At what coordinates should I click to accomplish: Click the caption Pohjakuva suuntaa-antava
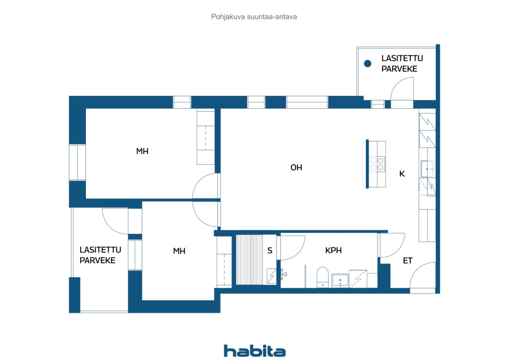[254, 17]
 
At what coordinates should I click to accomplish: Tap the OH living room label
[296, 167]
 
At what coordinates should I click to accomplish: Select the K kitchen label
[402, 174]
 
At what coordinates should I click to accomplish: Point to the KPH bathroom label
[333, 250]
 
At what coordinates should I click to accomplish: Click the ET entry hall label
[408, 261]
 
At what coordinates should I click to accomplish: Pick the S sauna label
[270, 251]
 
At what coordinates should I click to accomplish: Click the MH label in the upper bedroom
[142, 151]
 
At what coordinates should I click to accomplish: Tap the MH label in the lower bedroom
[179, 251]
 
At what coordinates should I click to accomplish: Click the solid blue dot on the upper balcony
[367, 63]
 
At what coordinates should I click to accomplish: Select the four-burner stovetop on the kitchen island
[377, 164]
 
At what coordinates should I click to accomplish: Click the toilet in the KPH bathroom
[322, 277]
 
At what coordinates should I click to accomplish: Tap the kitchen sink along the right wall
[427, 169]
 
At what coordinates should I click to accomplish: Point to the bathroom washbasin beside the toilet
[340, 280]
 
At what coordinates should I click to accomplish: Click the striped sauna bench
[249, 259]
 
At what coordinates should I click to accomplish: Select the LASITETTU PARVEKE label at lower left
[100, 255]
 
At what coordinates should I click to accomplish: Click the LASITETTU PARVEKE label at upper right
[402, 63]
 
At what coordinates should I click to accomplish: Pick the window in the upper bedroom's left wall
[77, 163]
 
